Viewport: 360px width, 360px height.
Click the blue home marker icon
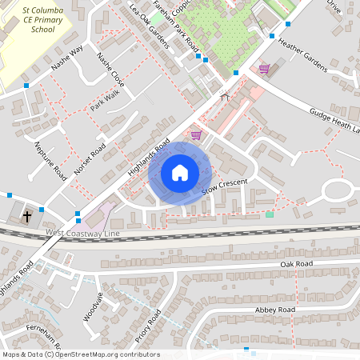point(180,173)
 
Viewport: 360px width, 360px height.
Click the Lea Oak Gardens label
point(148,25)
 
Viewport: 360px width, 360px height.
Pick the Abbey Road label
point(275,310)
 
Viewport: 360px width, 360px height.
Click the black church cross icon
point(26,216)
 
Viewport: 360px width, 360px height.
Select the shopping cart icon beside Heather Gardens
point(264,69)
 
